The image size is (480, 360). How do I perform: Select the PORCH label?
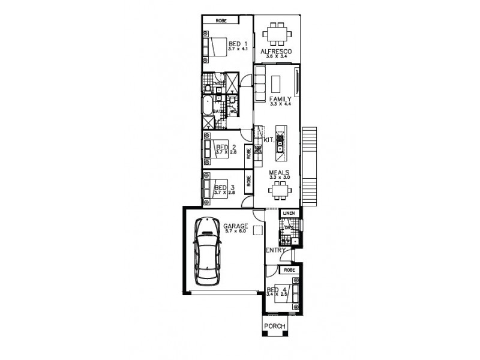pos(275,326)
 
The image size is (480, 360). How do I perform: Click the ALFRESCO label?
pos(276,52)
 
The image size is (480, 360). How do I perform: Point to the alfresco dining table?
pos(277,34)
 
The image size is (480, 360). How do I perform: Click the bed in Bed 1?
pos(215,47)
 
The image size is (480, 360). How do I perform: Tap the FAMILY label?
pos(280,99)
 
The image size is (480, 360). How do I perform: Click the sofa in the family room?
pos(260,79)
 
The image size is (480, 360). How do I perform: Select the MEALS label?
pos(280,172)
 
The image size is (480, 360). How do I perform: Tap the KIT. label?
pos(268,140)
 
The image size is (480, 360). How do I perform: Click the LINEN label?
pos(288,214)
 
